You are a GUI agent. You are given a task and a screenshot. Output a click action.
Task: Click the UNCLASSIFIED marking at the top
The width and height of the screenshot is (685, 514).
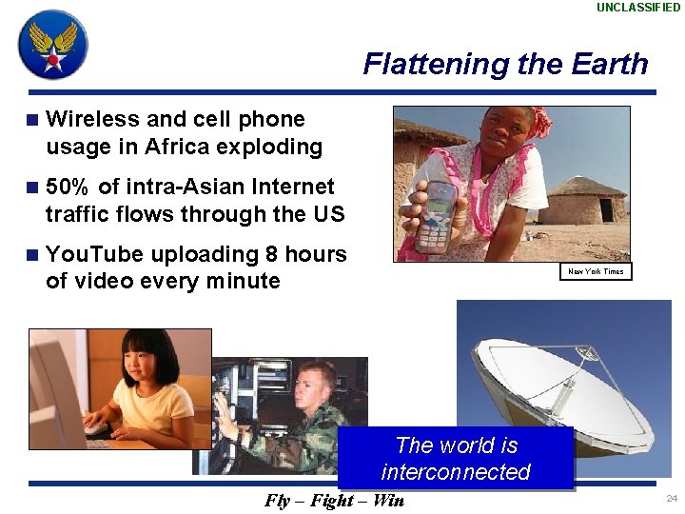tap(638, 8)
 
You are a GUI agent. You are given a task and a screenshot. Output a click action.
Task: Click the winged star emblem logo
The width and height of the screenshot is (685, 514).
tap(53, 45)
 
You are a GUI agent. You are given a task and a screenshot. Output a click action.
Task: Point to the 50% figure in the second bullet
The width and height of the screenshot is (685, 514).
tap(68, 187)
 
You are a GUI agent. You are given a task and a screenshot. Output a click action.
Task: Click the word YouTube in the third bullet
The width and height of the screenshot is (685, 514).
tap(94, 254)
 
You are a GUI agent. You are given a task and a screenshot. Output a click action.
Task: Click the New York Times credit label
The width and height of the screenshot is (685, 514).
tap(596, 271)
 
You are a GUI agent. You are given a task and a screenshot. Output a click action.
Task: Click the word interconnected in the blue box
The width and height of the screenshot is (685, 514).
tap(456, 472)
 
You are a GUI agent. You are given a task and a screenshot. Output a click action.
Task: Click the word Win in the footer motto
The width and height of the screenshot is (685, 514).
tap(388, 501)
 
